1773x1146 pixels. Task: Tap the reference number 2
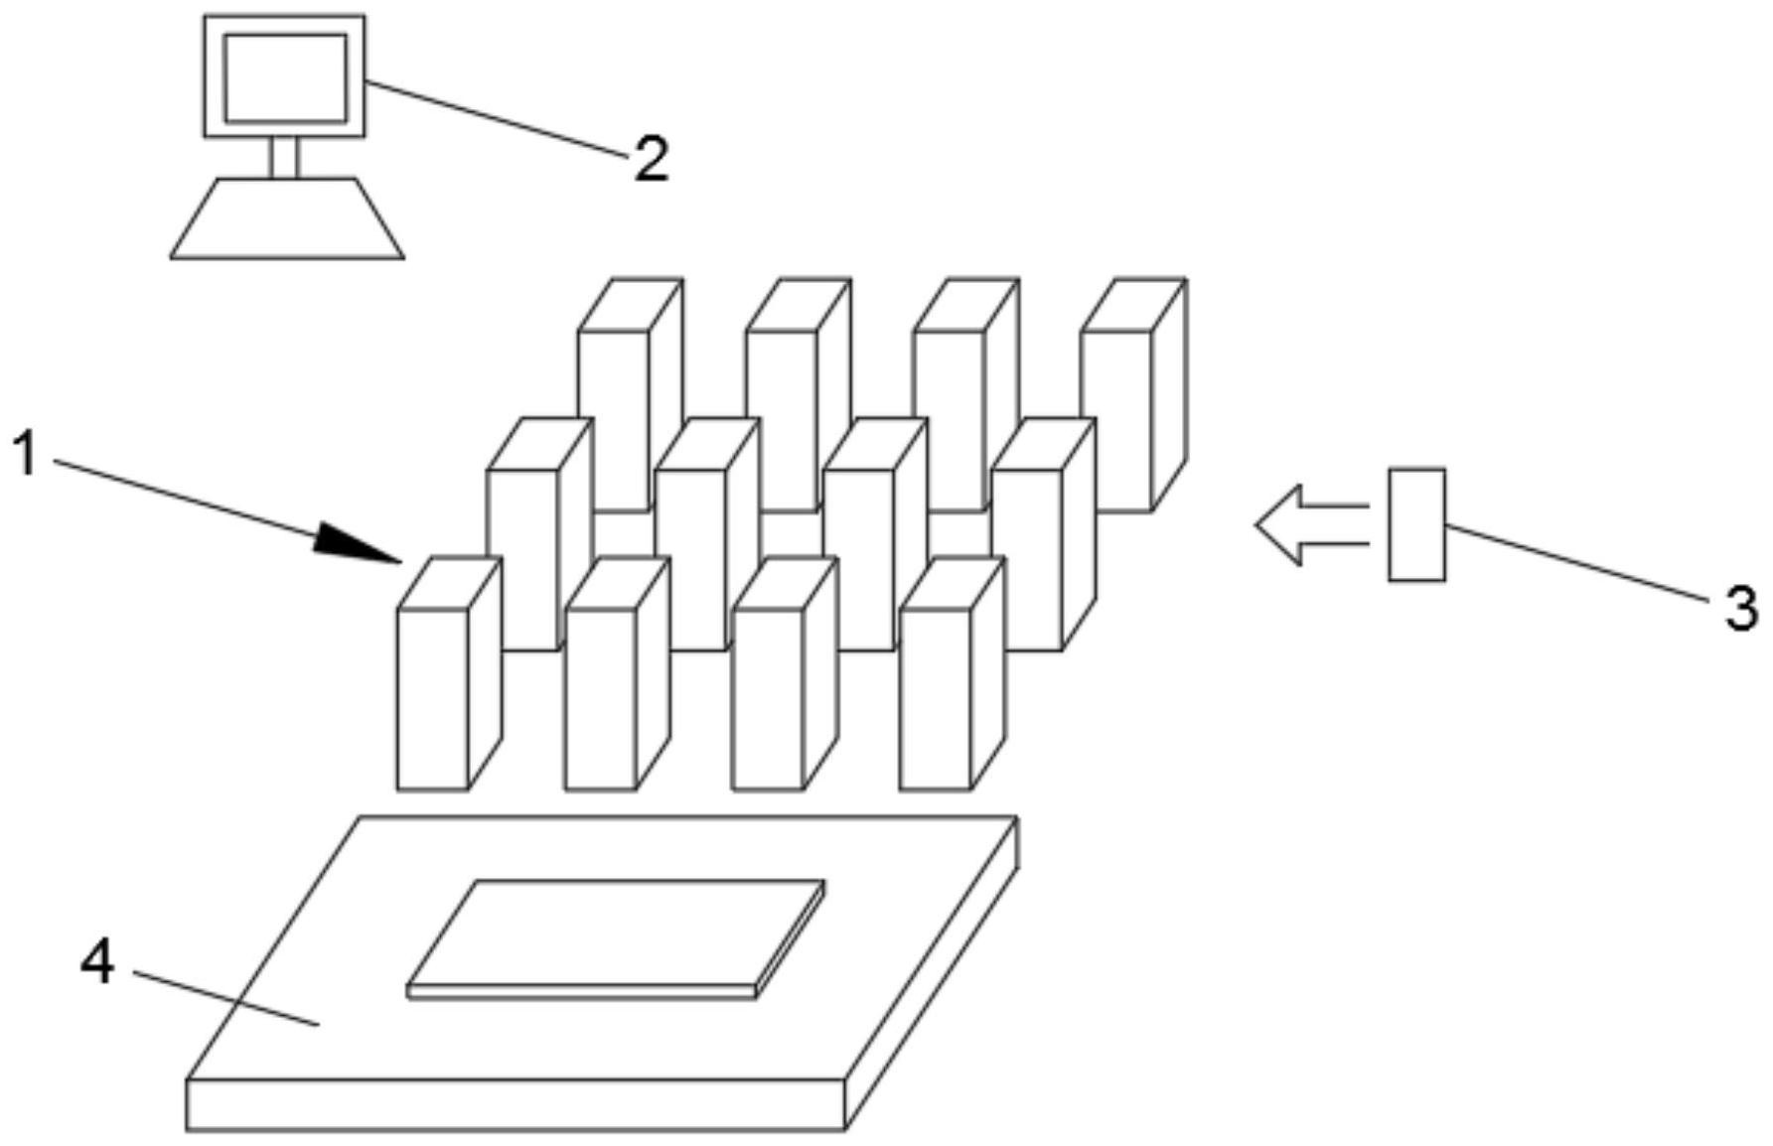tap(652, 159)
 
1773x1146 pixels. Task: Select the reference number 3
tap(1740, 608)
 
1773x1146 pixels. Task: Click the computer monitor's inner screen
tap(285, 77)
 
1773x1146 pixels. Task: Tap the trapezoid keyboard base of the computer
tap(287, 218)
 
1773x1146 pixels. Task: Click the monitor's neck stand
tap(284, 157)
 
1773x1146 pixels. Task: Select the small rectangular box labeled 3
tap(1416, 524)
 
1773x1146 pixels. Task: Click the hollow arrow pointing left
tap(1311, 525)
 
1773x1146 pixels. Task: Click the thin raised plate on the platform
tap(616, 938)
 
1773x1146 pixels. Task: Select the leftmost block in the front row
tap(448, 674)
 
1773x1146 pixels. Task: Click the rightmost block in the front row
tap(952, 674)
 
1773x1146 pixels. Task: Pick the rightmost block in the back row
tap(1134, 394)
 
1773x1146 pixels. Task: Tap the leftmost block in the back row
tap(630, 394)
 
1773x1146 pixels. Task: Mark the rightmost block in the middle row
tap(1043, 534)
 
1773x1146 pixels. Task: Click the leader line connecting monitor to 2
tap(498, 119)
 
